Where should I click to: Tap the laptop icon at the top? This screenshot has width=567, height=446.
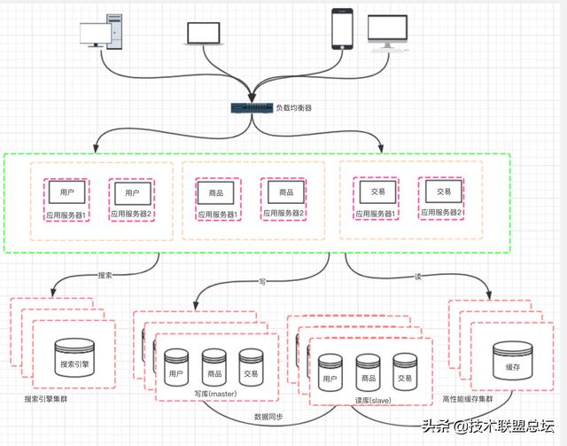[204, 34]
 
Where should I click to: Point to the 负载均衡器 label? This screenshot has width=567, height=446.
[292, 108]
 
